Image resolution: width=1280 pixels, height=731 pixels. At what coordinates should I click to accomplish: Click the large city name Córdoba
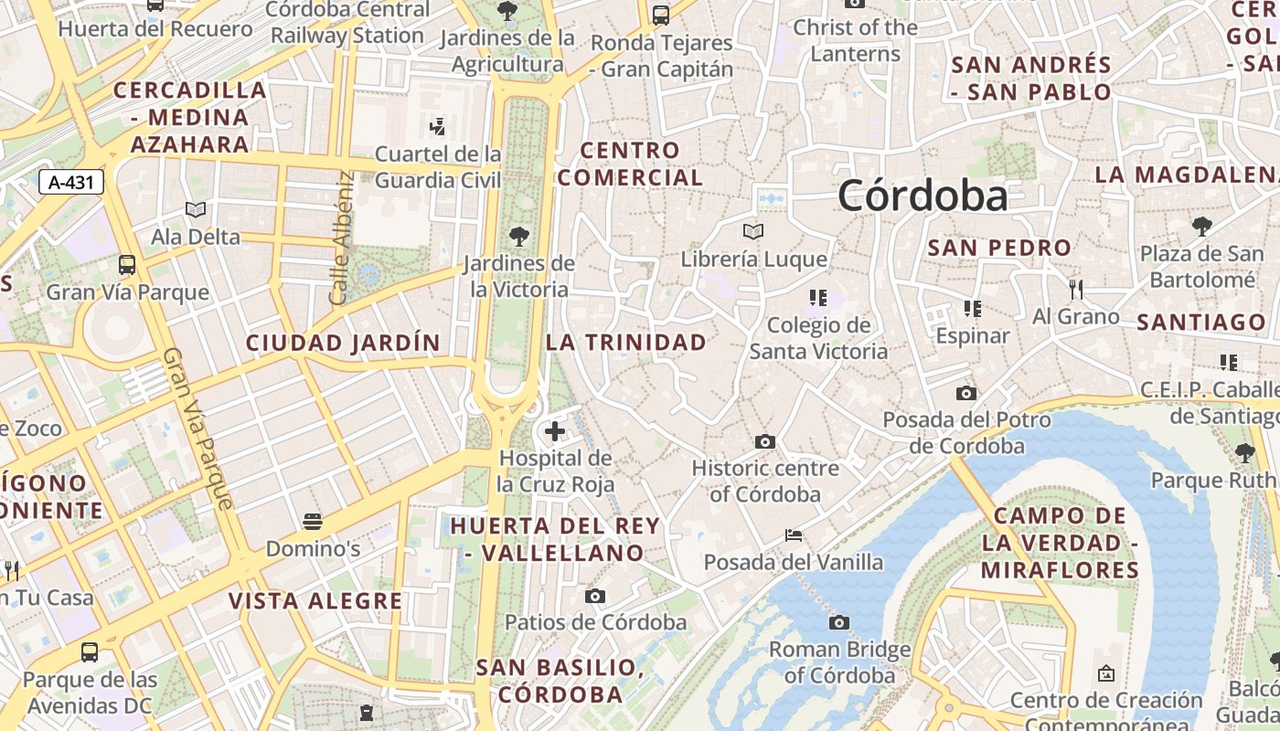[923, 196]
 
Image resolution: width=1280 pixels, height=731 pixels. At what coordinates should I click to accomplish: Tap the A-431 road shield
[71, 182]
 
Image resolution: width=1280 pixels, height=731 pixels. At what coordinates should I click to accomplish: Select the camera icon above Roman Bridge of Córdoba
[838, 623]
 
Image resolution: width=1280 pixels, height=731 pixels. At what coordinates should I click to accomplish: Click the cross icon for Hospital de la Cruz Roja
[554, 431]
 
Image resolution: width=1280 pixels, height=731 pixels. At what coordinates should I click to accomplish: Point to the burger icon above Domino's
[313, 522]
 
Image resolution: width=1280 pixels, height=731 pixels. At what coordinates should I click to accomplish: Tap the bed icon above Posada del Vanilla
[794, 535]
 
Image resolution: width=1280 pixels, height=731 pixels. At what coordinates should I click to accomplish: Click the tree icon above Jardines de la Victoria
[519, 237]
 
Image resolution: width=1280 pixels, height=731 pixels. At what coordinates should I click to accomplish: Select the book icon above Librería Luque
[753, 232]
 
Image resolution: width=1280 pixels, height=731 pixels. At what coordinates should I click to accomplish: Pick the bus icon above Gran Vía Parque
[127, 265]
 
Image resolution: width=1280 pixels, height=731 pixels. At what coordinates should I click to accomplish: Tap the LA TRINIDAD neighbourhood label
[626, 343]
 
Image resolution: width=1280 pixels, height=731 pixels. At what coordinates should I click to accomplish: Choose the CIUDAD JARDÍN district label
[343, 344]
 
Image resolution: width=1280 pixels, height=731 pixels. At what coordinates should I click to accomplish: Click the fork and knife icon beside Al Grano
[1076, 290]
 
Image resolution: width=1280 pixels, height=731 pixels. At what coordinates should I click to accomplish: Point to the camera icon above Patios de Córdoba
[595, 597]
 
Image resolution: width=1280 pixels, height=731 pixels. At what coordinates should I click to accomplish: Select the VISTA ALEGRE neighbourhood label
[315, 600]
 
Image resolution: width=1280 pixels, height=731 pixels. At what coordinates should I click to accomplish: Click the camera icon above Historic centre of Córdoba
[765, 442]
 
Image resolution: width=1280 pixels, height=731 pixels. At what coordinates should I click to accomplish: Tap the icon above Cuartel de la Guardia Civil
[438, 126]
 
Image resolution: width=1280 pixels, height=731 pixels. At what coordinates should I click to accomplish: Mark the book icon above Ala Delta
[196, 210]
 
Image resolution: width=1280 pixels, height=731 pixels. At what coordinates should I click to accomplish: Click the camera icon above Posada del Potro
[965, 394]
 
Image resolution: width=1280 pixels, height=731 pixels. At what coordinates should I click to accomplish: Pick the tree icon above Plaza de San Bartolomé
[1201, 226]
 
